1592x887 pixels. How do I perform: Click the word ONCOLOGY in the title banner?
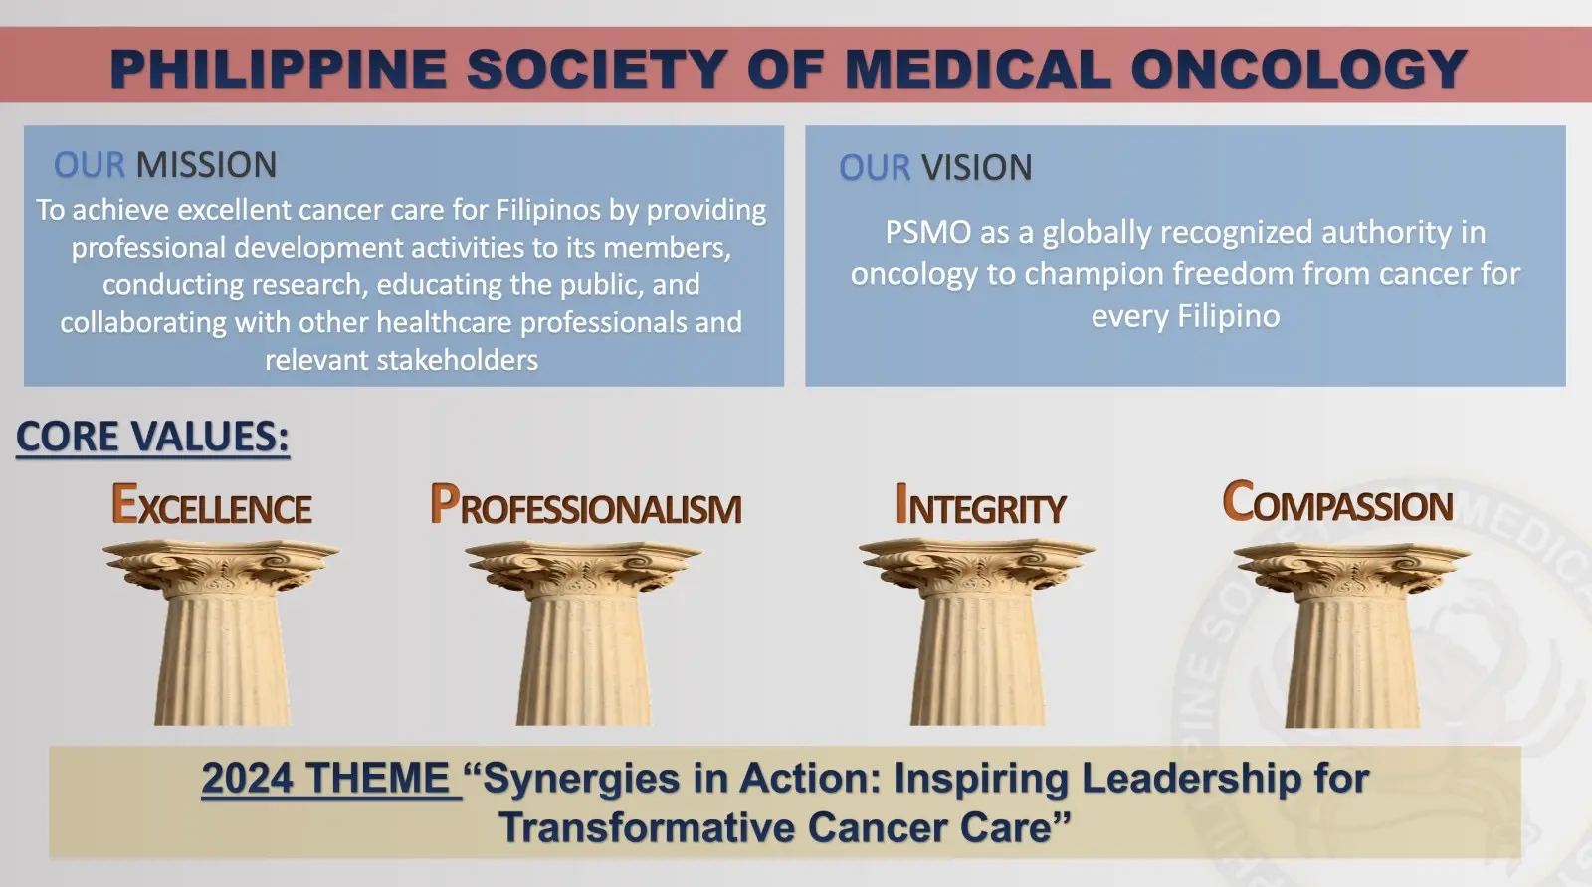pos(1298,69)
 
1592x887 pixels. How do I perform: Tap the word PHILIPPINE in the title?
pos(279,69)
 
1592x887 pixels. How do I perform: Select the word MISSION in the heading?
pos(206,165)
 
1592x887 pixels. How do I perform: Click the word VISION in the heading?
pos(976,168)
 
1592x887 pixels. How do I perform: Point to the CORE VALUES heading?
pos(153,436)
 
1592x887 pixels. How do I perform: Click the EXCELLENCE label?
pos(212,504)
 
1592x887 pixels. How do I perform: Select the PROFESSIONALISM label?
pos(586,504)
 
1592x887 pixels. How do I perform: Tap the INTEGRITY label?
pos(981,504)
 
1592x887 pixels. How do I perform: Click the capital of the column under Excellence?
pos(221,567)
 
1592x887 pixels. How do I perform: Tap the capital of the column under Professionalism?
pos(583,568)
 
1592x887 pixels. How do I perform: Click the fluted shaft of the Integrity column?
pos(977,659)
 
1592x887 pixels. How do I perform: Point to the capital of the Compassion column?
pos(1352,570)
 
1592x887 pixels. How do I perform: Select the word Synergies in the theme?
pos(581,779)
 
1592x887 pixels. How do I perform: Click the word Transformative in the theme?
pos(647,827)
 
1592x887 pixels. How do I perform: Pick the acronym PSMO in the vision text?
pos(927,233)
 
